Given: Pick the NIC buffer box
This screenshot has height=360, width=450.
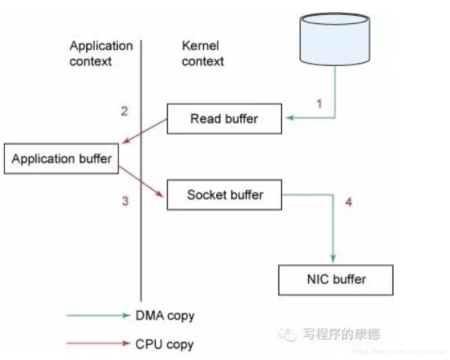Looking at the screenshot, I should [335, 280].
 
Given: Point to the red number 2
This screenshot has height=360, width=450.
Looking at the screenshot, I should [124, 112].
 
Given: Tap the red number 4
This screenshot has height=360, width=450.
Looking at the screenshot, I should [347, 202].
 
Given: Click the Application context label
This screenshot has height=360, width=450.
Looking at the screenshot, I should [100, 53].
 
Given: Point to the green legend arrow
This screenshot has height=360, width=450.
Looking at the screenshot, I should [97, 316].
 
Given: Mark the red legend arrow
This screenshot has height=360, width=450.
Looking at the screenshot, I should [97, 344].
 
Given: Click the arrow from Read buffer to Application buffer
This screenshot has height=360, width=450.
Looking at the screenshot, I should [142, 132].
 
